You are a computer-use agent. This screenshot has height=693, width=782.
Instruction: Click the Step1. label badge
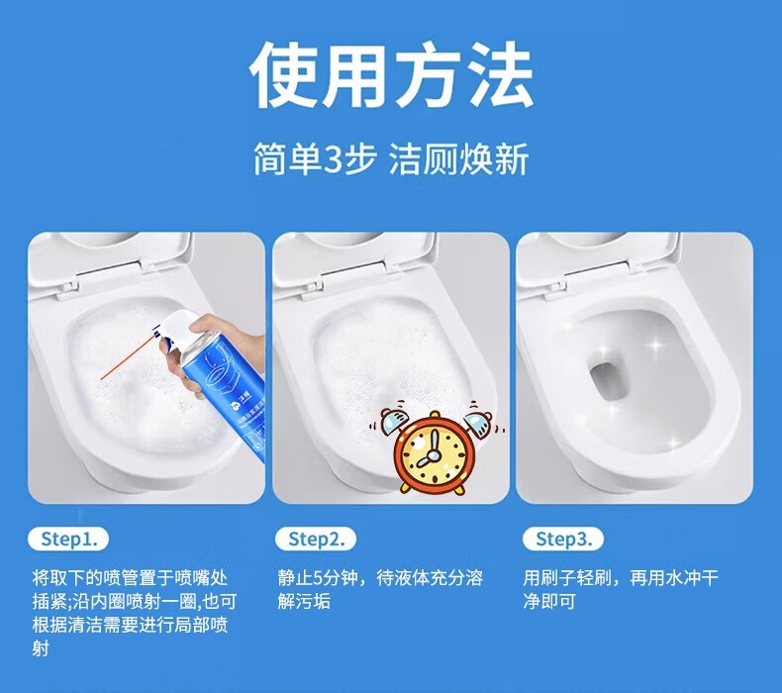tap(68, 539)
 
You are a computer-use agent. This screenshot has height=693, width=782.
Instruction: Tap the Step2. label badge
tap(316, 539)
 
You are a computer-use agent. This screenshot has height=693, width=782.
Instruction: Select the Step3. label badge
tap(563, 539)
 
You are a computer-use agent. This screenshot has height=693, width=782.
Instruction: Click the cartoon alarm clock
tap(435, 447)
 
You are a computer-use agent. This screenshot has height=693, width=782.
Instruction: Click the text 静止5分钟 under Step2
tap(318, 578)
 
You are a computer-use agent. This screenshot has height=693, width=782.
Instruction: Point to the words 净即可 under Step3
tap(549, 601)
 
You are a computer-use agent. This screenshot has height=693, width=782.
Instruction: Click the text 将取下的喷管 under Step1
tap(85, 578)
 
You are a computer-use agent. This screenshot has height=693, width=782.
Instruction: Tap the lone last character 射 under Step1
tap(41, 648)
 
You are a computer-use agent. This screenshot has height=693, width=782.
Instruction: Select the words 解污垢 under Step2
tap(304, 601)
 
